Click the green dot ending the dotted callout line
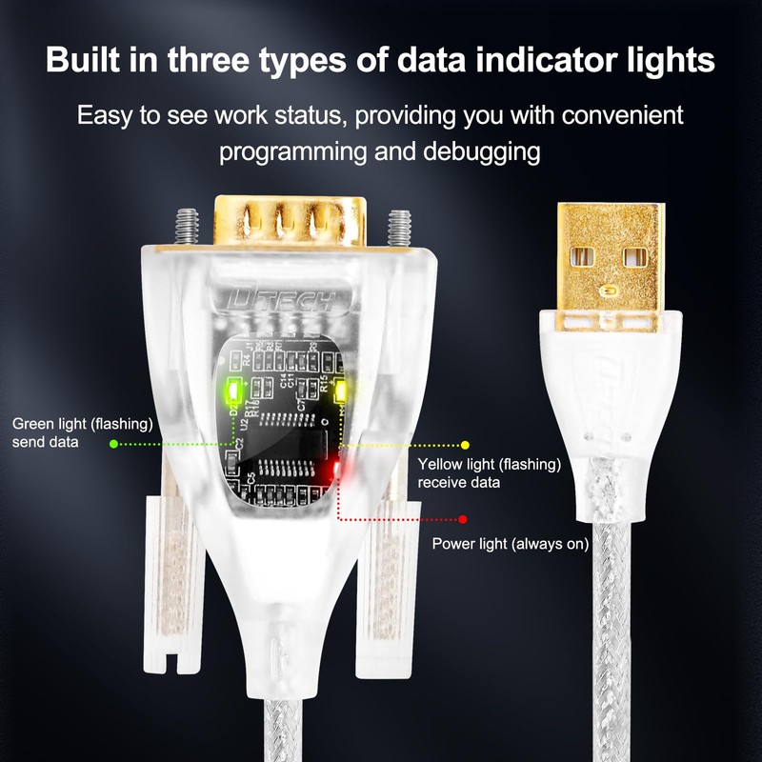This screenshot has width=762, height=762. (x=113, y=444)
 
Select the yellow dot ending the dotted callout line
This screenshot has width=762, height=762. (x=466, y=444)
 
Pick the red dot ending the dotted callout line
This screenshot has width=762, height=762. (x=462, y=519)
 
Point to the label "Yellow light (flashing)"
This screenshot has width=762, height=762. (x=490, y=465)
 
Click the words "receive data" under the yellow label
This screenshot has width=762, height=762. (x=459, y=483)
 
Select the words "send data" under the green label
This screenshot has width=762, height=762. (x=45, y=443)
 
